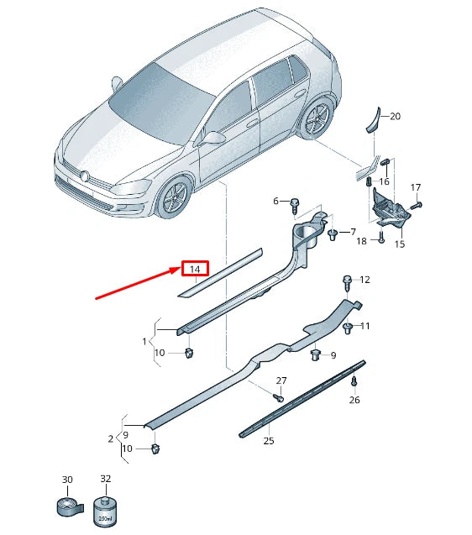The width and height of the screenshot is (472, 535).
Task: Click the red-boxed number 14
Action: pyautogui.click(x=196, y=269)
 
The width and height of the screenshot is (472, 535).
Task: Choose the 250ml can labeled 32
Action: pyautogui.click(x=106, y=510)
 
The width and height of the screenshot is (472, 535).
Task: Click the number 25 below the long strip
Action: pyautogui.click(x=269, y=440)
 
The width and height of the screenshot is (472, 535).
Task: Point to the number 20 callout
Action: pyautogui.click(x=396, y=117)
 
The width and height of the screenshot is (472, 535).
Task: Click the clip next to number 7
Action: pyautogui.click(x=333, y=233)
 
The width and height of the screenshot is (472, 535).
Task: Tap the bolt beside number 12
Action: pyautogui.click(x=347, y=280)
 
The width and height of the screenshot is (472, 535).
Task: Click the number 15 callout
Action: pyautogui.click(x=399, y=244)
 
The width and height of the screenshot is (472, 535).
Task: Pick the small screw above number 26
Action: pyautogui.click(x=354, y=382)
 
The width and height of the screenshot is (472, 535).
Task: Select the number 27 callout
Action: pyautogui.click(x=281, y=380)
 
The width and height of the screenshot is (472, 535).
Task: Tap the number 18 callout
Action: pyautogui.click(x=362, y=241)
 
